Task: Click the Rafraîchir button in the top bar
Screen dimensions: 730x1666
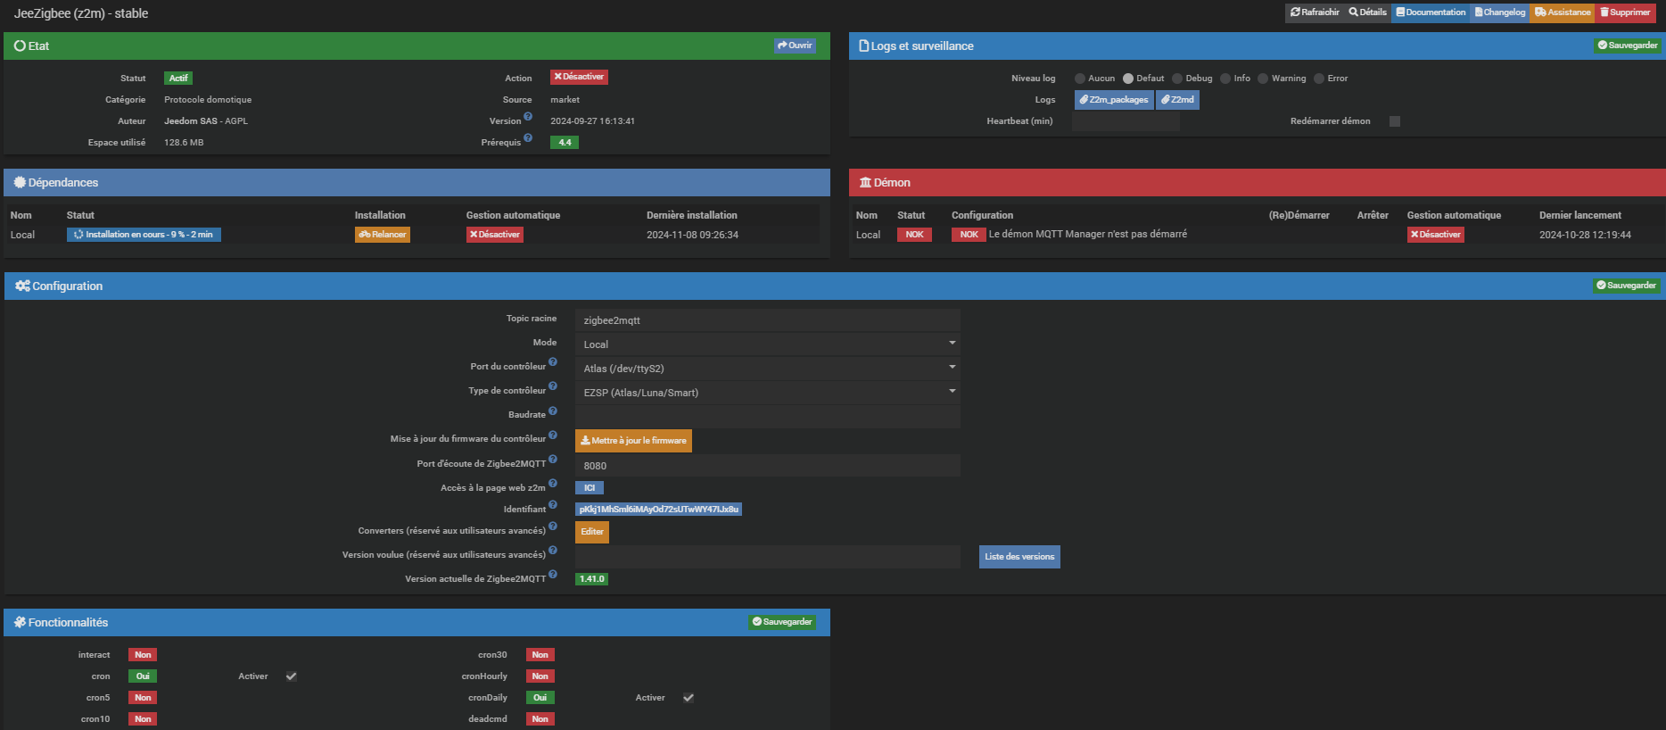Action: (x=1315, y=12)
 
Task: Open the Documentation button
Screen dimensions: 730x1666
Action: (x=1431, y=12)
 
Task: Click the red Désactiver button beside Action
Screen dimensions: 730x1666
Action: (x=579, y=78)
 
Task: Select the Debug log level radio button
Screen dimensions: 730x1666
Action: (x=1177, y=79)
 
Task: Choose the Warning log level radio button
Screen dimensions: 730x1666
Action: (x=1263, y=79)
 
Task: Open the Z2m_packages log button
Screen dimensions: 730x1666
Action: (x=1114, y=100)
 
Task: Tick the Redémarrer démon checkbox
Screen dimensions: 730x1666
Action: (x=1395, y=121)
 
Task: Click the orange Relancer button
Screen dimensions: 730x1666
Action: (x=383, y=235)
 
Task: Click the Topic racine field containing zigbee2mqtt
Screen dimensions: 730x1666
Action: (x=767, y=320)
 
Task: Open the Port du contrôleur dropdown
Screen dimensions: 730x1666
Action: (x=767, y=369)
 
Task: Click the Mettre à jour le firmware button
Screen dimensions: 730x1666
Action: (x=633, y=441)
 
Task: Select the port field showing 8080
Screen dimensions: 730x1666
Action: (x=767, y=466)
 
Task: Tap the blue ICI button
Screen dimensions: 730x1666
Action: (x=590, y=488)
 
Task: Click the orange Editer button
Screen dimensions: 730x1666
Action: (x=592, y=532)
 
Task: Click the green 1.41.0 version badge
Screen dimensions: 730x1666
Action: (x=591, y=579)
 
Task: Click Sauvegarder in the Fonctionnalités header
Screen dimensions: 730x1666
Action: (x=782, y=622)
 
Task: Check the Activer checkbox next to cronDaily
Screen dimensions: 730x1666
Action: (x=689, y=698)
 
